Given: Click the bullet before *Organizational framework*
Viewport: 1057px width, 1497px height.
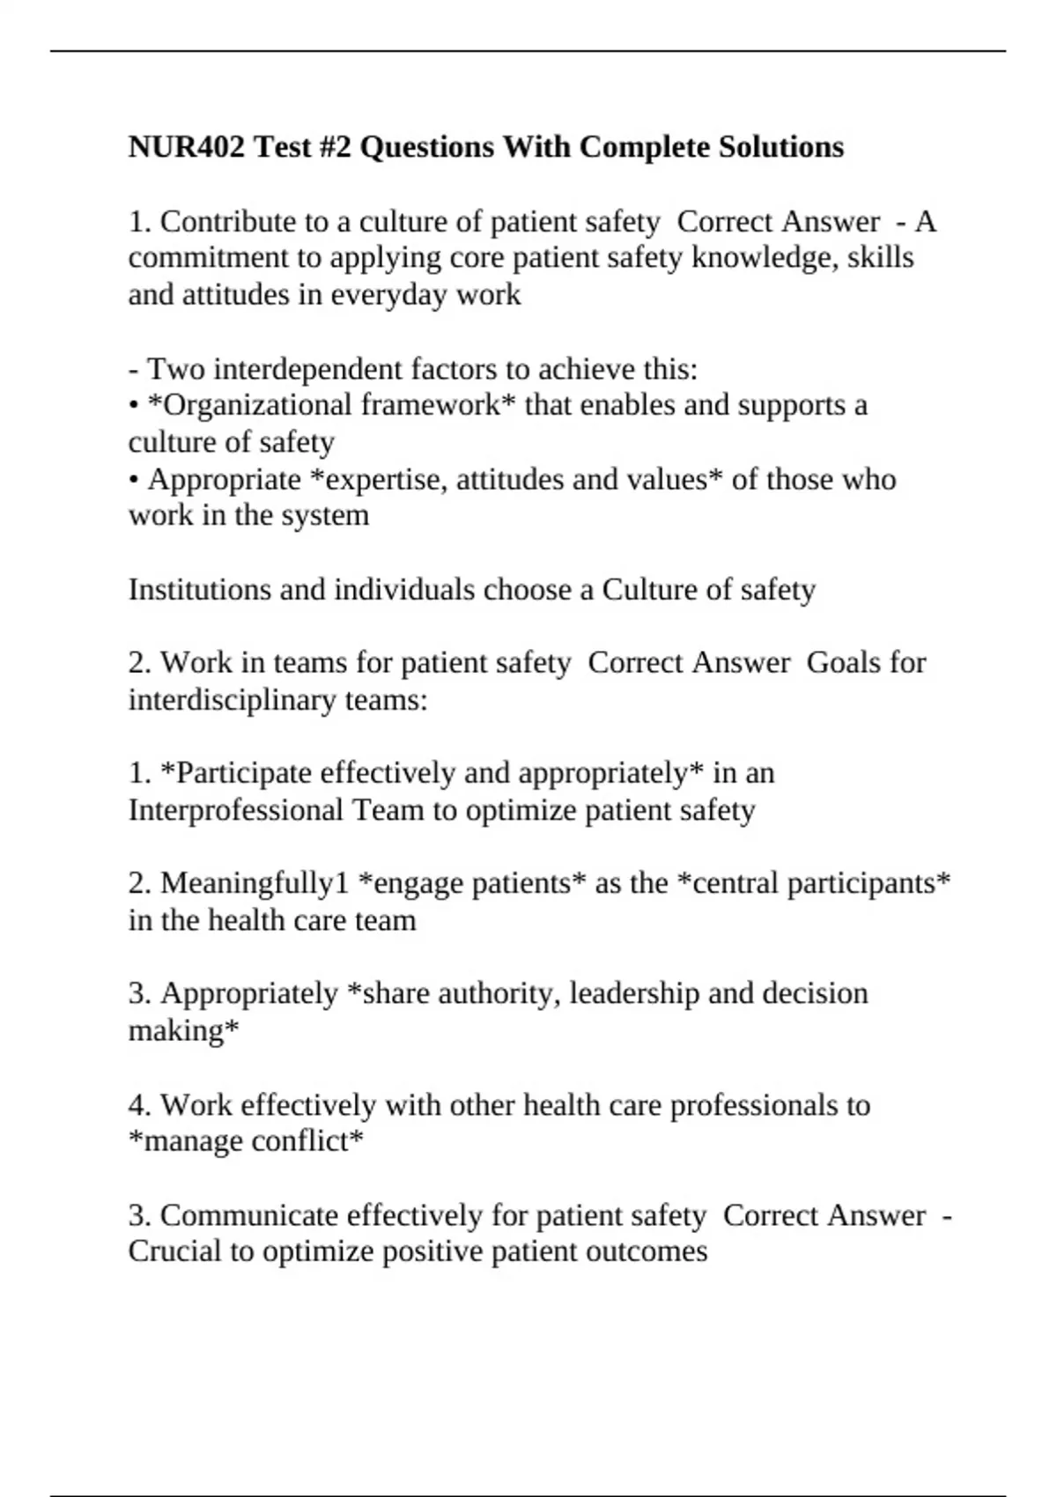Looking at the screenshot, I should click(x=134, y=406).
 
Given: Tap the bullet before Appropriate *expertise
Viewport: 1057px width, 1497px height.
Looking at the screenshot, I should click(x=134, y=480).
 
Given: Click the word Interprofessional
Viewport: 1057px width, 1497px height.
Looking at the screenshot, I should click(x=235, y=810).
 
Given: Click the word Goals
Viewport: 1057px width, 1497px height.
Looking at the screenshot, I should click(x=843, y=662).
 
